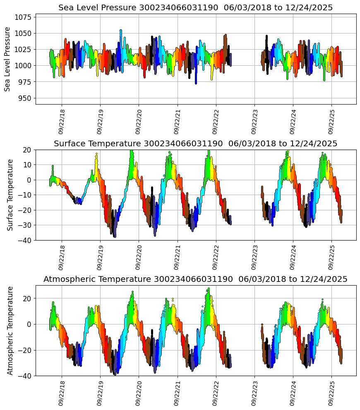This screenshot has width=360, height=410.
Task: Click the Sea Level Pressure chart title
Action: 195,8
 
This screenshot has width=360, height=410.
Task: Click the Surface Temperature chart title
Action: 195,143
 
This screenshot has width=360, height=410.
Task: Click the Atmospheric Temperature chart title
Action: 195,279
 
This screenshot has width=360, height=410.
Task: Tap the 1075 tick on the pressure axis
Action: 24,17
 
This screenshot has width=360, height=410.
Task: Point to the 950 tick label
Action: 25,98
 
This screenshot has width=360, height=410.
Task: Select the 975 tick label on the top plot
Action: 25,82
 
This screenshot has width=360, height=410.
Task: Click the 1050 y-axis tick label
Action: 24,33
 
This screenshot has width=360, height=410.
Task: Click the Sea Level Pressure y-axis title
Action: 7,59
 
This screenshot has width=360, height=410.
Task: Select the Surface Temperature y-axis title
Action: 10,195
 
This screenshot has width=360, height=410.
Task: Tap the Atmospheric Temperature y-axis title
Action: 10,330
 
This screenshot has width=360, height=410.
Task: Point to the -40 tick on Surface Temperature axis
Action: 26,240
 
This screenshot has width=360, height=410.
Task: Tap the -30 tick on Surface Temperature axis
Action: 26,225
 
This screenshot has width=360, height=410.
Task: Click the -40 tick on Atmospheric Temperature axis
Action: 26,376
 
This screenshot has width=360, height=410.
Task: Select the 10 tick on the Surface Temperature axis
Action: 29,165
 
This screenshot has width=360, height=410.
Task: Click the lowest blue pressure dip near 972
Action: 196,83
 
